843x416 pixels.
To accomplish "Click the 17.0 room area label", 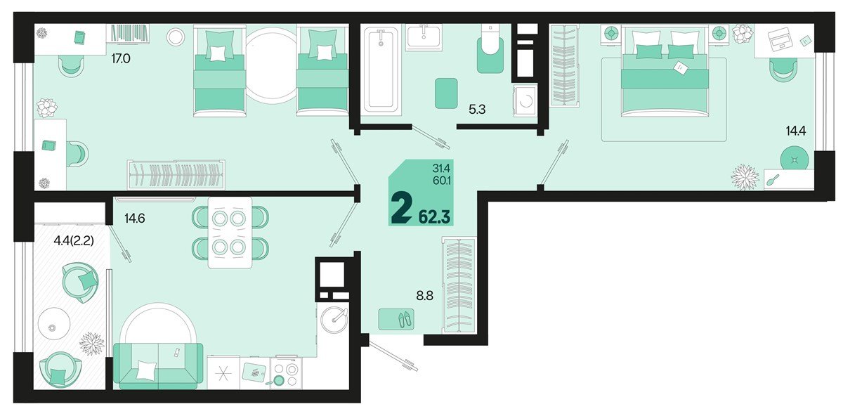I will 120,59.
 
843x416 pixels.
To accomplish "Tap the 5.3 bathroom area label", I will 478,109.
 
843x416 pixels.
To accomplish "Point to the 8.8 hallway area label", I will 424,297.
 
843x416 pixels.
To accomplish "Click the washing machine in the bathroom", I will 524,103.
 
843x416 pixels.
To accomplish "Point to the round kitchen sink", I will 334,318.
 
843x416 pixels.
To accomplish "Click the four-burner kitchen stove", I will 287,373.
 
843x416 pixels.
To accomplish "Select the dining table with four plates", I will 229,232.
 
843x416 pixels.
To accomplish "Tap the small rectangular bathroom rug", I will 446,93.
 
